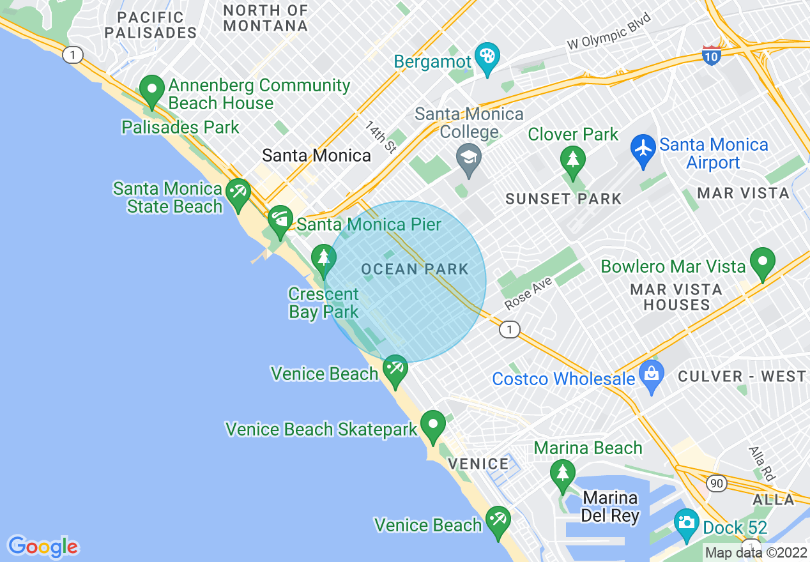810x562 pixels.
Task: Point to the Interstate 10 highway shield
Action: tap(712, 55)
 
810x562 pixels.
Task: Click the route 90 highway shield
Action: tap(717, 483)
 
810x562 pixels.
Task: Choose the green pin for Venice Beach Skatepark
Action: tap(432, 424)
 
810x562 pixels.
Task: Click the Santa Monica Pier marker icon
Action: tap(279, 219)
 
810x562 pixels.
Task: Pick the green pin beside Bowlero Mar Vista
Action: tap(762, 262)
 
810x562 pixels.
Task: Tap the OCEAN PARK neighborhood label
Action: tap(415, 270)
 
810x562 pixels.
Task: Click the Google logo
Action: tap(43, 547)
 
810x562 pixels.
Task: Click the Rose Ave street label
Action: tap(528, 292)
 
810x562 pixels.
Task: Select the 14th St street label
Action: tap(381, 137)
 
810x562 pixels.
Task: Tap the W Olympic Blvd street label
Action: tap(609, 32)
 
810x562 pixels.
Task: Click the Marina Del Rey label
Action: tap(610, 506)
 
